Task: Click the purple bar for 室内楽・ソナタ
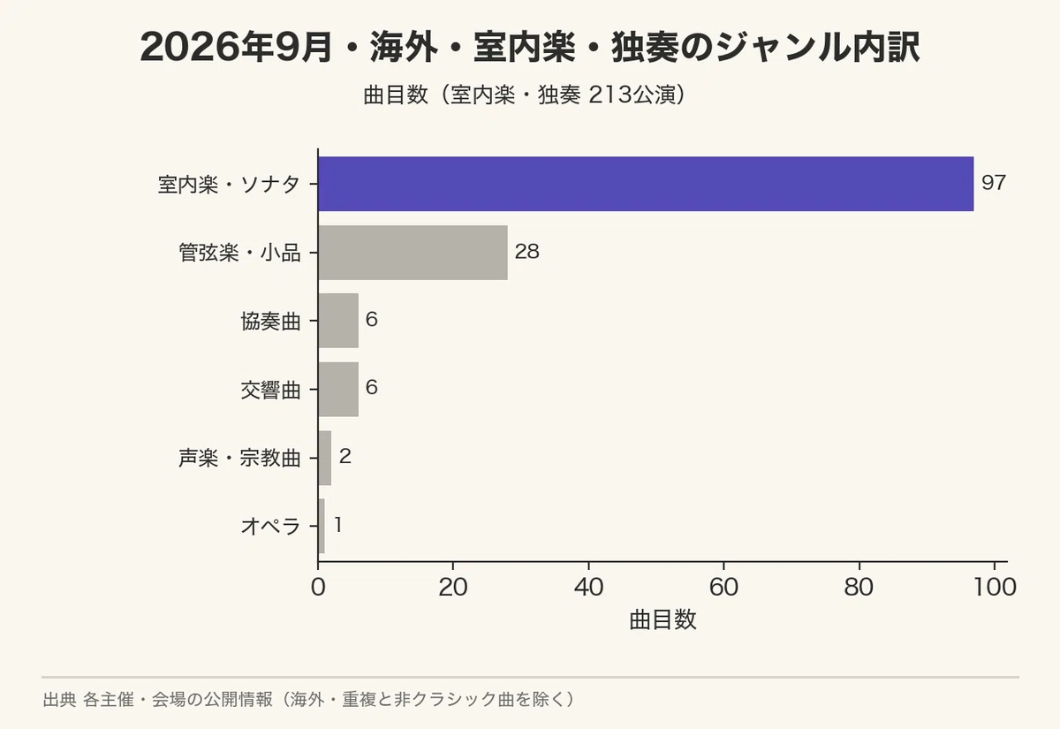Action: coord(646,184)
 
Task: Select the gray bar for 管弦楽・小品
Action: coord(413,253)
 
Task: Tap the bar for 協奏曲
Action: coord(338,321)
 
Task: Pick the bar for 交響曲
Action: coord(338,389)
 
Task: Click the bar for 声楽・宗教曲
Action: coord(325,458)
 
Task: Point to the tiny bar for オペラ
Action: coord(322,526)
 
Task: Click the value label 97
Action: coord(994,183)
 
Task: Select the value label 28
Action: coord(527,251)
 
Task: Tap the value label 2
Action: coord(345,456)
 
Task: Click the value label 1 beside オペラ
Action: coord(337,525)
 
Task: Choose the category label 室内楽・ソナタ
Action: coord(229,184)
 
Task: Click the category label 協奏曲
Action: coord(270,322)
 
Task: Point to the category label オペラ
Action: coord(270,527)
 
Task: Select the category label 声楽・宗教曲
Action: coord(239,459)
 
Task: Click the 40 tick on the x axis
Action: coord(588,587)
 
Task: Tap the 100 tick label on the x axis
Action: coord(995,587)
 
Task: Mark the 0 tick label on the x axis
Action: coord(319,587)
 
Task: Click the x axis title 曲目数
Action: coord(662,619)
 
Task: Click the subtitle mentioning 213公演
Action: coord(526,95)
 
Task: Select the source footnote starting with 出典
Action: coord(308,699)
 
